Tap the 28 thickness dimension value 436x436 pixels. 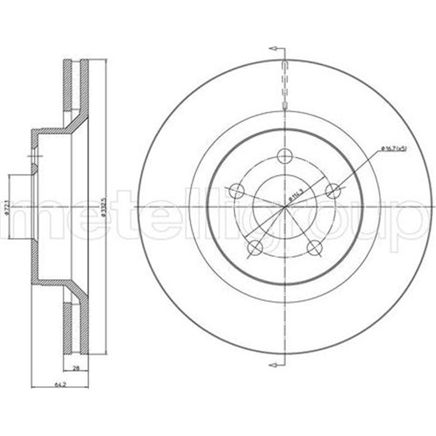(x=77, y=368)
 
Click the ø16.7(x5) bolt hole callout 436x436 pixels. (x=393, y=148)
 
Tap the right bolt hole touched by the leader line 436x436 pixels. (x=332, y=191)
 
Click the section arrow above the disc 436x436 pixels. (x=277, y=49)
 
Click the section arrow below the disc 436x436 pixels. (x=277, y=364)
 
